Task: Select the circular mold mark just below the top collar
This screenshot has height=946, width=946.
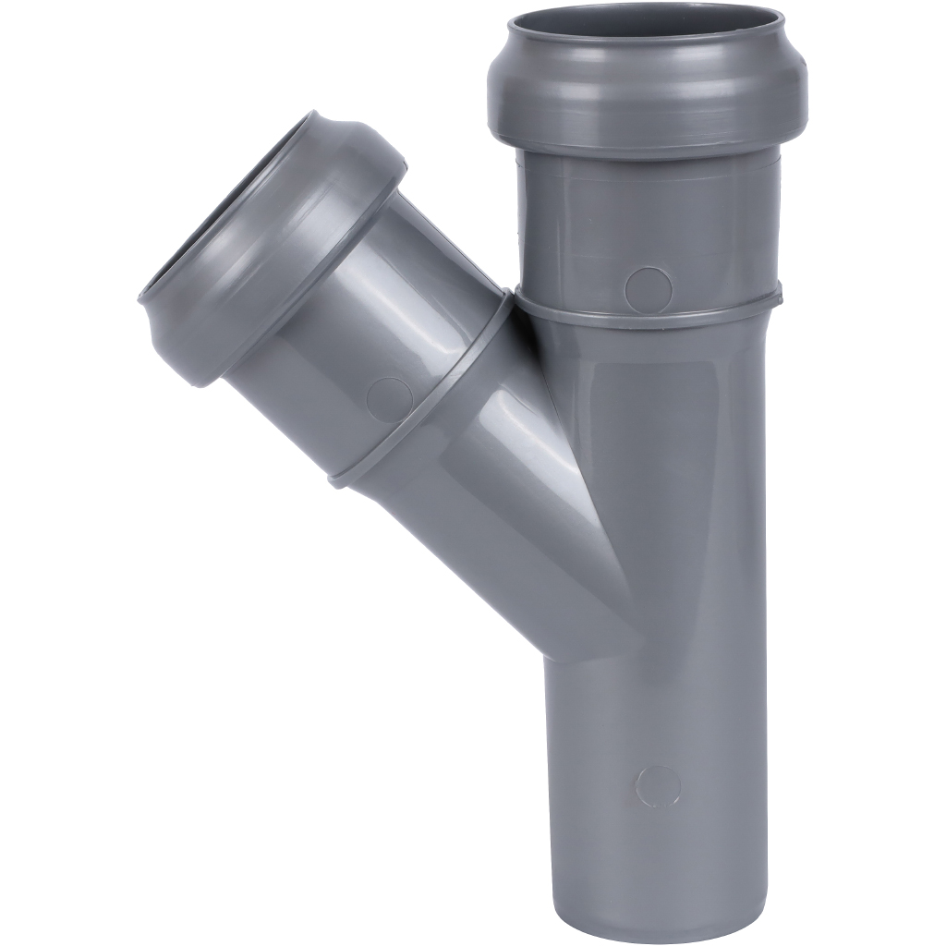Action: click(x=648, y=289)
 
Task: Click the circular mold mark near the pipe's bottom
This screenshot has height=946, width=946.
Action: click(x=658, y=785)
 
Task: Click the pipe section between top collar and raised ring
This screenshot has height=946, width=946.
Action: click(x=647, y=222)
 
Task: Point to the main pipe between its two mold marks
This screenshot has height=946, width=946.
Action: click(x=656, y=536)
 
